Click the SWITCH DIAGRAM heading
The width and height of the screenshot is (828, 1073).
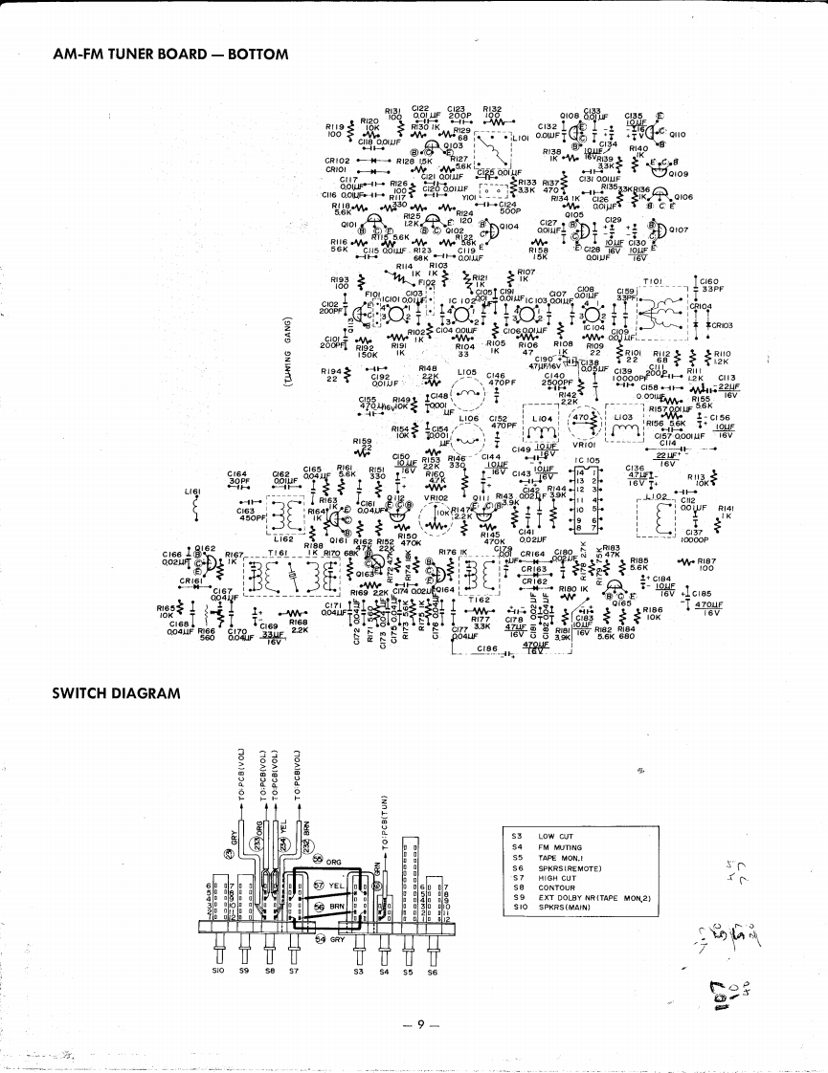116,692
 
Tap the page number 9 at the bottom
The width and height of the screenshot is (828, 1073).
420,1024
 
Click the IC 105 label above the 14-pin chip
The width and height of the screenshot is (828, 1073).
586,460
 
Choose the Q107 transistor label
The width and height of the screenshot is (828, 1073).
679,230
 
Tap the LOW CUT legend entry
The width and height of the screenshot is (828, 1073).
555,836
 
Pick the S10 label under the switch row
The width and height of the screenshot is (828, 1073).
217,972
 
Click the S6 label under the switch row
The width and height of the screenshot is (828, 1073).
432,972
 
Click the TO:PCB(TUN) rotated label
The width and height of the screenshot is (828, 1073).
385,822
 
